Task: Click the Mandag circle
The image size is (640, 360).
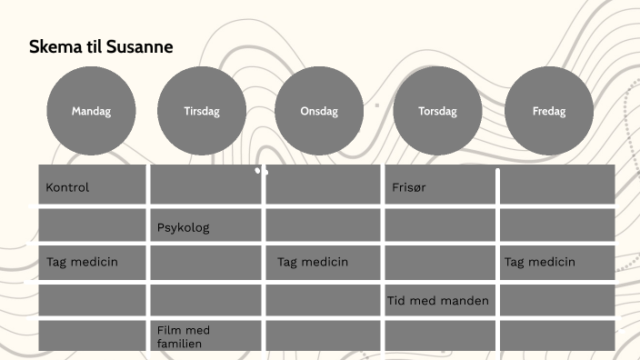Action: click(91, 111)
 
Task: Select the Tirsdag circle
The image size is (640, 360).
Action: click(202, 111)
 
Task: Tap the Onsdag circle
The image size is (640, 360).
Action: click(319, 111)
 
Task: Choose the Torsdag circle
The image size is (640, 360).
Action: click(437, 111)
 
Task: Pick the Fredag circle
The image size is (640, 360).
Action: click(549, 111)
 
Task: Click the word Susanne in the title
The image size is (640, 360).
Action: click(139, 46)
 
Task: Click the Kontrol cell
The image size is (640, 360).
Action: click(92, 185)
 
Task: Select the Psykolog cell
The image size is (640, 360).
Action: click(205, 225)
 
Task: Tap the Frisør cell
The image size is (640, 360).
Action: click(440, 185)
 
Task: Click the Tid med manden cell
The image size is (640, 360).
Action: click(440, 300)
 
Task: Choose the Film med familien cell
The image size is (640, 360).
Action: click(205, 335)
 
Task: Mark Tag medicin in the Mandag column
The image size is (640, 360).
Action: click(92, 262)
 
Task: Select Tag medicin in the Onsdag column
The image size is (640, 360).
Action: click(323, 262)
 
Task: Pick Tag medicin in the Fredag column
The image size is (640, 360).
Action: click(556, 262)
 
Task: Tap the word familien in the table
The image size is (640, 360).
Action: click(179, 344)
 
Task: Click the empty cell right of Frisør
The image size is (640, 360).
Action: click(556, 185)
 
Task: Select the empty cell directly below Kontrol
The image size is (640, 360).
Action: click(92, 225)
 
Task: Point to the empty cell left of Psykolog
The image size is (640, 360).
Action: click(92, 225)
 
